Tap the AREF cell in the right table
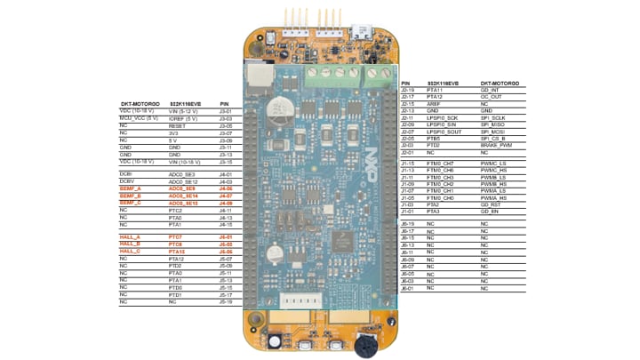432,103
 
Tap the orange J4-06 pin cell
225,188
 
